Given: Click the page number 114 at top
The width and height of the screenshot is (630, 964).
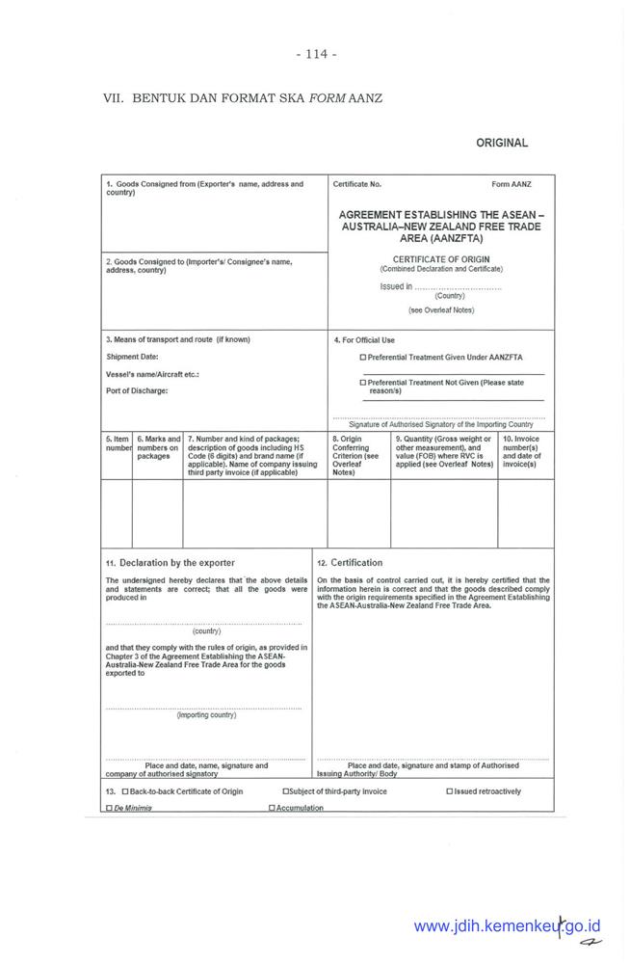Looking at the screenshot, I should click(x=316, y=54).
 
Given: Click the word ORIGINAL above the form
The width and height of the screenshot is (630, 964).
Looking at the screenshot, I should click(x=502, y=143).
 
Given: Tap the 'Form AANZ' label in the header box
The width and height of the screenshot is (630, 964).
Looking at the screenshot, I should click(x=511, y=183).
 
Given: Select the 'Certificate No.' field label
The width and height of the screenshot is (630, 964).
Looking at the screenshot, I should click(x=357, y=183).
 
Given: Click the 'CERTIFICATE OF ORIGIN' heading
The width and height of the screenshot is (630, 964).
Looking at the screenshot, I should click(x=441, y=259).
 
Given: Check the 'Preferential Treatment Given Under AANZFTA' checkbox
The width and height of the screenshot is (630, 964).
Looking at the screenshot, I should click(x=362, y=357).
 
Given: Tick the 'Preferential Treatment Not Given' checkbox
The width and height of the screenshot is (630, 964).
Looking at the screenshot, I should click(x=362, y=382).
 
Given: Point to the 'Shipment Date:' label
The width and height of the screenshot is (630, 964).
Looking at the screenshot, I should click(x=132, y=357).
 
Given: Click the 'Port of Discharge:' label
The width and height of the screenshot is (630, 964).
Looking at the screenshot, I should click(x=137, y=390).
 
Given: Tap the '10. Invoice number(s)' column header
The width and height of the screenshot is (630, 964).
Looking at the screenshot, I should click(x=525, y=452).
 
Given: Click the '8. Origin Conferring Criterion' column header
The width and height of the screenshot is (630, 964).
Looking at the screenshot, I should click(x=358, y=456).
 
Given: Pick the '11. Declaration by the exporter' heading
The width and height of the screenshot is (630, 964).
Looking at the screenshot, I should click(x=171, y=562).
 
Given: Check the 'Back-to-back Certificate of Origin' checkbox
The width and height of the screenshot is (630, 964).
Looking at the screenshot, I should click(x=125, y=791).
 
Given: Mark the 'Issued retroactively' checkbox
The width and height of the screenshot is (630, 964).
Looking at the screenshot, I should click(x=449, y=791).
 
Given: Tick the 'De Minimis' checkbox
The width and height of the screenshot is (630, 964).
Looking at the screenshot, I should click(x=109, y=808).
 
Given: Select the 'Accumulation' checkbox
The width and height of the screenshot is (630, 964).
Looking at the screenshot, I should click(x=272, y=808).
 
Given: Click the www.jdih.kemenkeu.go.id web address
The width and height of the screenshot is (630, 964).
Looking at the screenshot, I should click(x=507, y=926).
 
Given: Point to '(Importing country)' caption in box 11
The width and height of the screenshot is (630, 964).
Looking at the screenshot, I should click(x=206, y=714).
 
